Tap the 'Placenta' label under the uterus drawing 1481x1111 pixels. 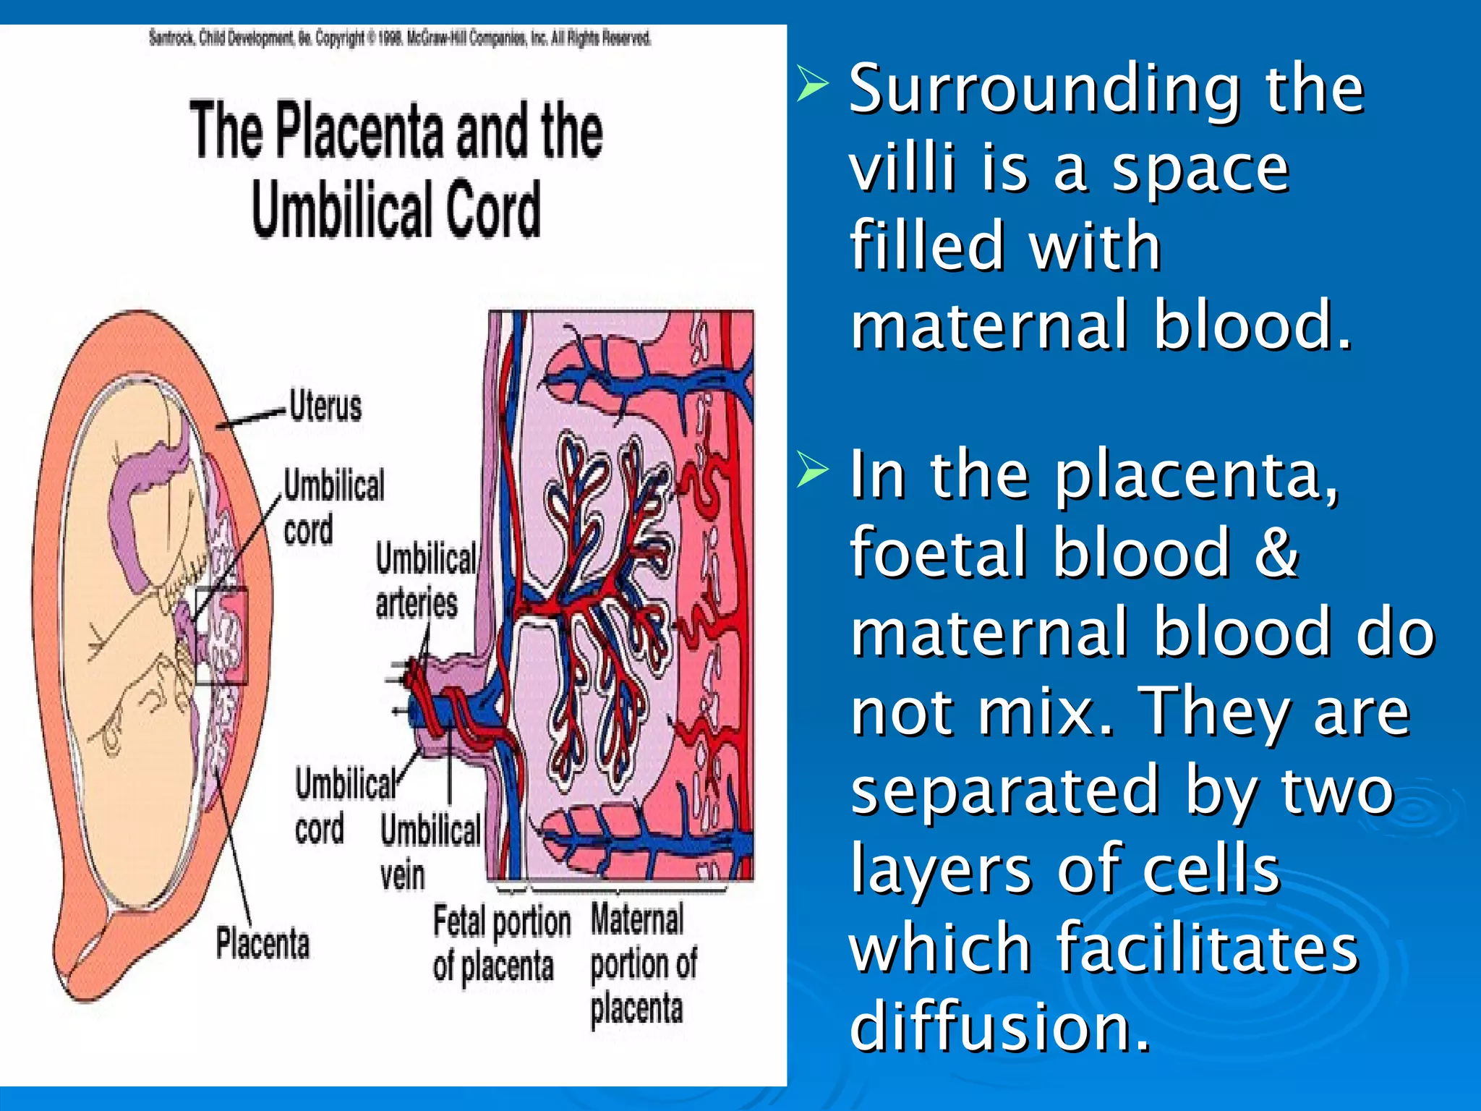(263, 944)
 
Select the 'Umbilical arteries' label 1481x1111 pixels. (425, 581)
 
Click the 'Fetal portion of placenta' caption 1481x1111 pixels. (502, 944)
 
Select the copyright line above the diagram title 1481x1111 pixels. (400, 38)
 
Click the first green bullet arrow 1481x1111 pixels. (812, 85)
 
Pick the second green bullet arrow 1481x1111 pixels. (812, 472)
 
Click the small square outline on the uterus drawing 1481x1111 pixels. (221, 636)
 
